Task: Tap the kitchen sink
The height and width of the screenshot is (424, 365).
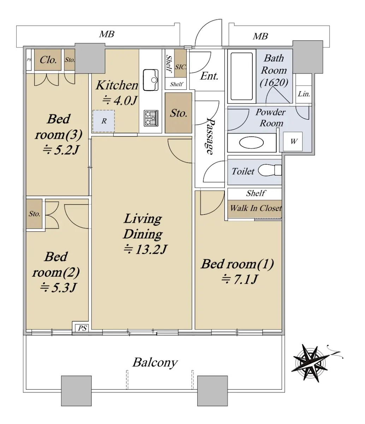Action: [x=151, y=80]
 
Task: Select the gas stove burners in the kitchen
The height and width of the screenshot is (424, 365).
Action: [x=151, y=118]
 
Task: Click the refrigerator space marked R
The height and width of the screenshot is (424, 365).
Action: [x=103, y=121]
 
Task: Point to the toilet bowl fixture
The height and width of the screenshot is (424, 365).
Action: [x=269, y=170]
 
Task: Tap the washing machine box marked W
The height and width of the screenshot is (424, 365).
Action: [x=293, y=141]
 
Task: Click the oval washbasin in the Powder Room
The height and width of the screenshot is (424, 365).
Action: [x=251, y=143]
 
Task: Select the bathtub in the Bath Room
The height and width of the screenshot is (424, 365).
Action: [x=241, y=76]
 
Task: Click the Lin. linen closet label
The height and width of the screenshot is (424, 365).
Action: [x=304, y=94]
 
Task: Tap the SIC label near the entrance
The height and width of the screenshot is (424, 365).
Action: [x=180, y=67]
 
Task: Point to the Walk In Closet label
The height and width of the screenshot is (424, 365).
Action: [x=256, y=208]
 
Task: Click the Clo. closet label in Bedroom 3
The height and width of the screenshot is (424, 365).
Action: [x=48, y=60]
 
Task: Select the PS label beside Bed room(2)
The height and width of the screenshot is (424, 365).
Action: [x=82, y=328]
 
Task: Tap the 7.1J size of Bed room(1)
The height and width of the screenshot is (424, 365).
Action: [x=239, y=279]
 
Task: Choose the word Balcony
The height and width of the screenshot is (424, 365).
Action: [x=155, y=363]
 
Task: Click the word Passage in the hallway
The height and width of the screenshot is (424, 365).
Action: [x=210, y=136]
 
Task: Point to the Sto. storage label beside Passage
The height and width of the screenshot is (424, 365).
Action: [x=179, y=113]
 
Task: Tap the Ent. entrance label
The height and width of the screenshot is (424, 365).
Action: [x=209, y=76]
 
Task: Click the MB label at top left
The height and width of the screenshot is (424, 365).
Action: [x=107, y=34]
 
